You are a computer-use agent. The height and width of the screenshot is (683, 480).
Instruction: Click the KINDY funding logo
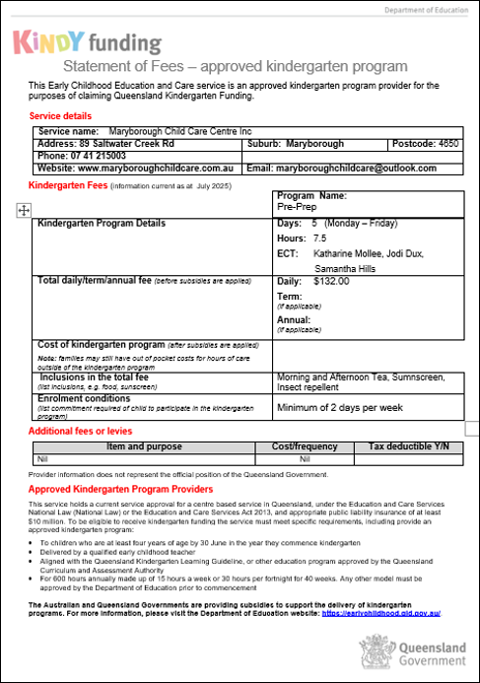(x=87, y=42)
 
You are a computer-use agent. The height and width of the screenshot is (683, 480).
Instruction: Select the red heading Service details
(x=61, y=116)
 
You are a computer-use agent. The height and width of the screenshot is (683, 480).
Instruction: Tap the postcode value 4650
(x=448, y=144)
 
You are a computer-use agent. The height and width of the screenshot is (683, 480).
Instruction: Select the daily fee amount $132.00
(x=331, y=281)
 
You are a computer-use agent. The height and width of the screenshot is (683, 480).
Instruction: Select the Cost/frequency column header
(x=305, y=446)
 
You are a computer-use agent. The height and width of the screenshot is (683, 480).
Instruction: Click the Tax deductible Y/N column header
(x=408, y=446)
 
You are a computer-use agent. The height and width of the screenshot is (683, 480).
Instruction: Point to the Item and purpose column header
(x=143, y=446)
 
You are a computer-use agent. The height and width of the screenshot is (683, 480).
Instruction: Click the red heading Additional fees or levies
(x=80, y=432)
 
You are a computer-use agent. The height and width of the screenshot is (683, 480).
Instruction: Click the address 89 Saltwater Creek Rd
(x=125, y=144)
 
